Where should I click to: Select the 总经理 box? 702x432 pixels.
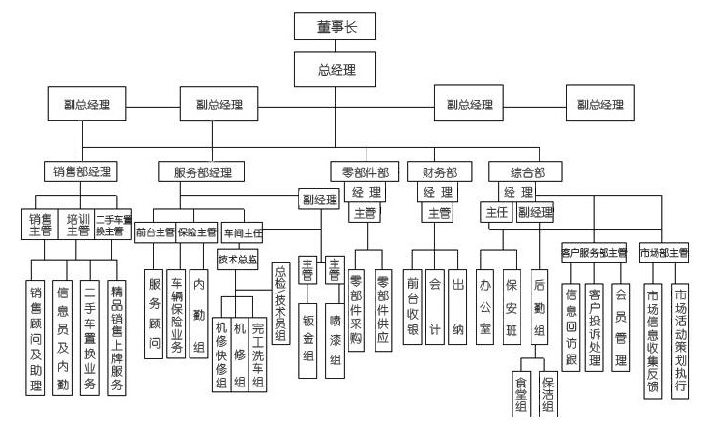point(336,70)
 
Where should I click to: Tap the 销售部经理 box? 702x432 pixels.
point(84,172)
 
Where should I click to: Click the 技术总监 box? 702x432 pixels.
point(238,260)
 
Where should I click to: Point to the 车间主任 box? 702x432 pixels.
point(243,233)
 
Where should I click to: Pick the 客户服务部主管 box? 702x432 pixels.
point(594,253)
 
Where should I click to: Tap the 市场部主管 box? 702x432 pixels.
point(664,253)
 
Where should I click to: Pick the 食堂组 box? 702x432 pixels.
point(522,392)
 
